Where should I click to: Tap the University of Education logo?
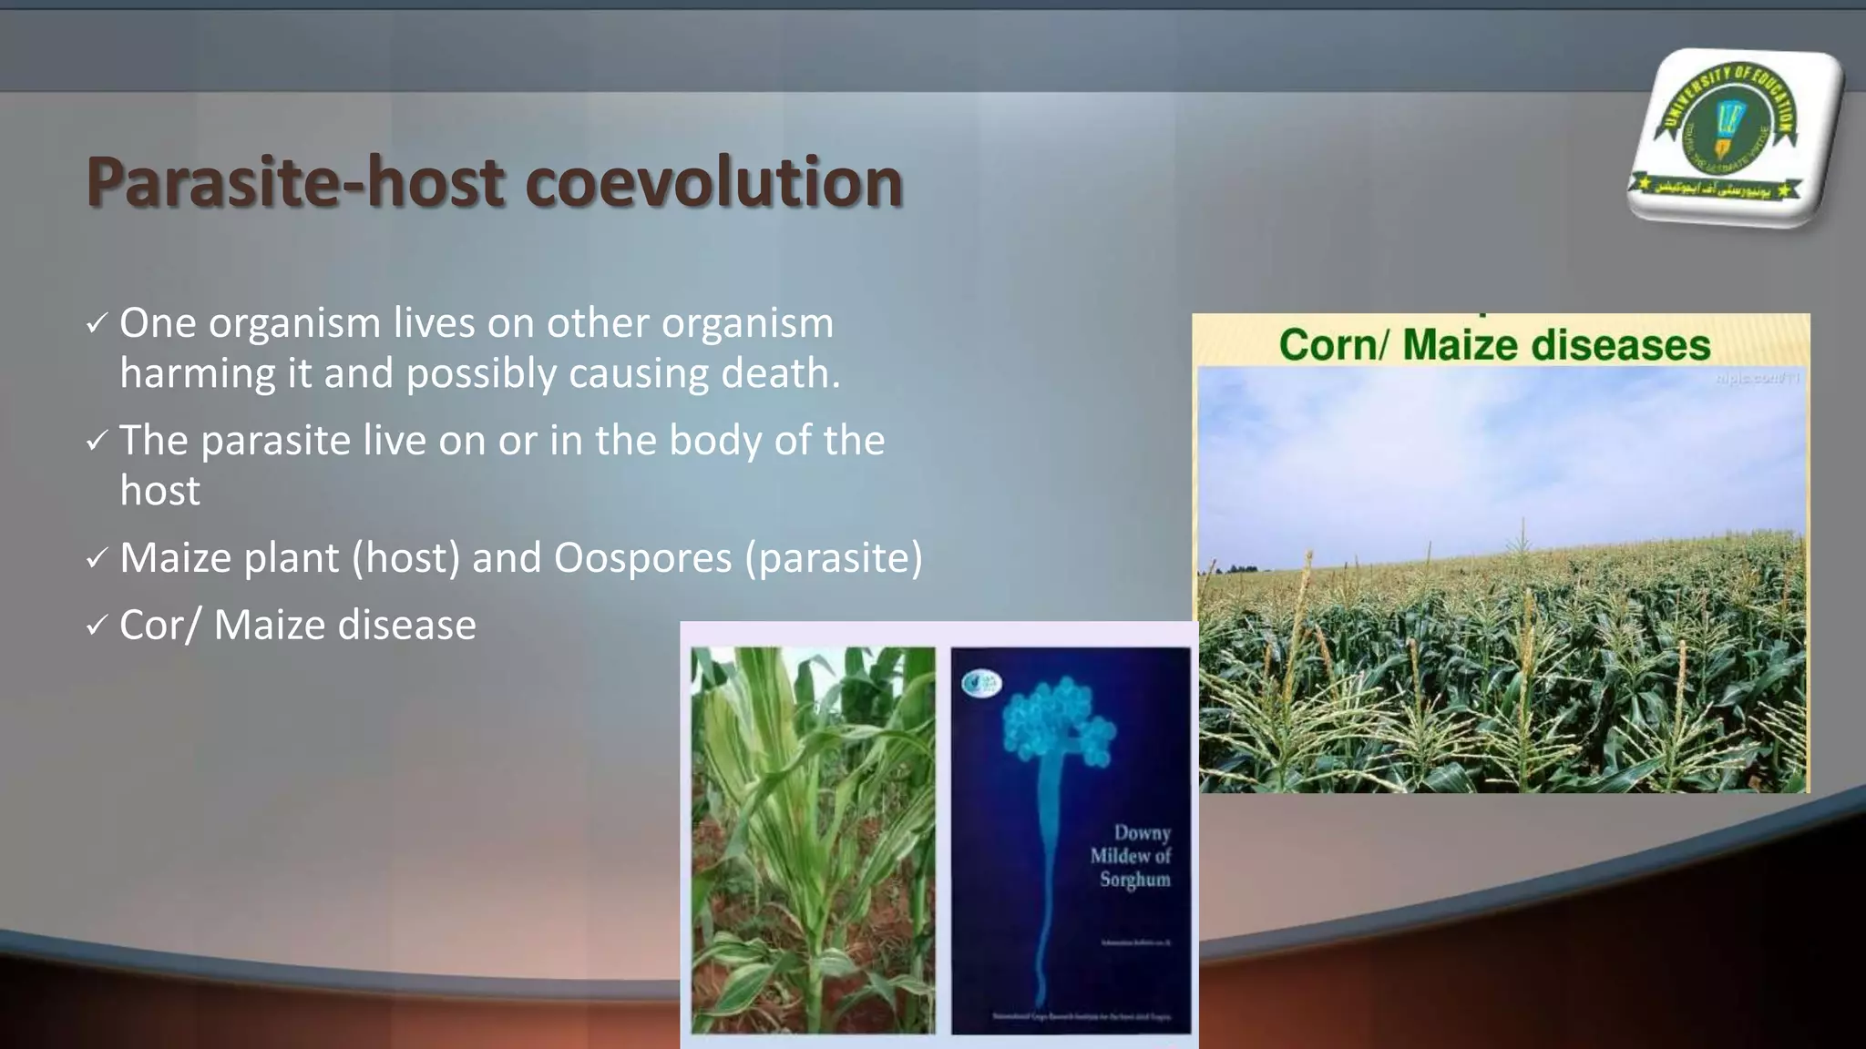(1731, 137)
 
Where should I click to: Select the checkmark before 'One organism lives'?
(97, 323)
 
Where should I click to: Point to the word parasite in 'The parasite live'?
(275, 441)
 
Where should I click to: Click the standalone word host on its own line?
(159, 491)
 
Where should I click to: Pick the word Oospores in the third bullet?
(642, 558)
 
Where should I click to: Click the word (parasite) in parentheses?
(834, 558)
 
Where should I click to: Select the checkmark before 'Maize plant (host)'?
(97, 558)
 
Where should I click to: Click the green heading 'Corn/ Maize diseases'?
(1494, 345)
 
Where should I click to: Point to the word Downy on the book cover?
(1142, 832)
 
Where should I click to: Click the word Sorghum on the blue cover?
(1134, 880)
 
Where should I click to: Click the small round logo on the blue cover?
(981, 682)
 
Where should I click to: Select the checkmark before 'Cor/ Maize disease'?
(97, 626)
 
